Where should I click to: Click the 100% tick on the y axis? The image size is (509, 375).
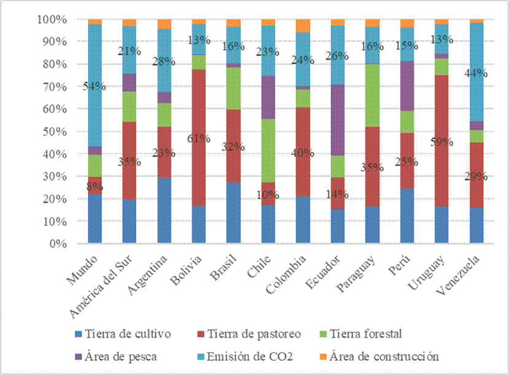(x=52, y=20)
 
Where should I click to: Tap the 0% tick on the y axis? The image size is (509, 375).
(x=57, y=243)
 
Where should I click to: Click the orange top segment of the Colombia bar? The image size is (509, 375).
(x=303, y=25)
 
